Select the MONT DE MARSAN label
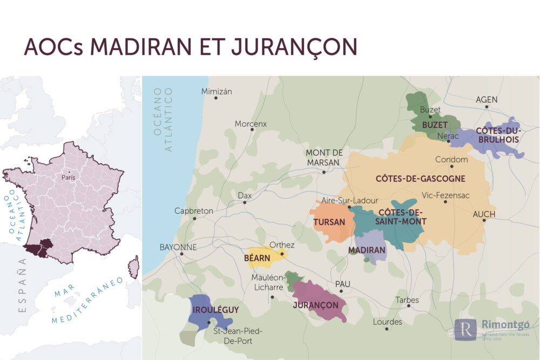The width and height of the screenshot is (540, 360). click(324, 157)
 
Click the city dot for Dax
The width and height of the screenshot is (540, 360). click(245, 203)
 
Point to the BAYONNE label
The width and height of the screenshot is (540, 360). click(178, 247)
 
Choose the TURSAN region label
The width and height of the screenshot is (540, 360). click(329, 222)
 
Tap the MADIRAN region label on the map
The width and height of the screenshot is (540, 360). click(367, 250)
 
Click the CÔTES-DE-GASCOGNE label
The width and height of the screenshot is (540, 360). click(420, 178)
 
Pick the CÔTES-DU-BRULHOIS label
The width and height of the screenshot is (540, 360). click(497, 135)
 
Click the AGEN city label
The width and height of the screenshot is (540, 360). click(487, 99)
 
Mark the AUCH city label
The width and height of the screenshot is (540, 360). click(484, 214)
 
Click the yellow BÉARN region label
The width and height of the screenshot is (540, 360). click(257, 259)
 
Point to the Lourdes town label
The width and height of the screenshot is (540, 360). click(387, 322)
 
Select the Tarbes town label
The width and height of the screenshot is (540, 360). click(407, 300)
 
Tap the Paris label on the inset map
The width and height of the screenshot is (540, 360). click(69, 177)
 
